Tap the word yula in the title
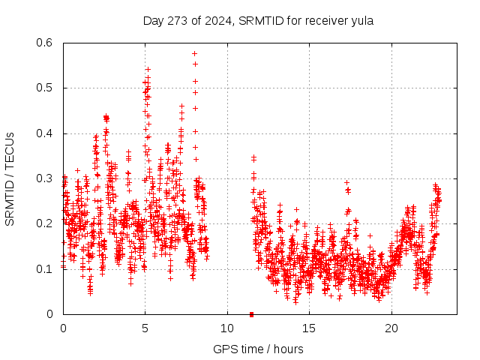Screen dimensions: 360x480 pyautogui.click(x=361, y=20)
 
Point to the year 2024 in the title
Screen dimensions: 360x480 pyautogui.click(x=219, y=20)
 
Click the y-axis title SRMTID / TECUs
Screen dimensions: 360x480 pyautogui.click(x=10, y=179)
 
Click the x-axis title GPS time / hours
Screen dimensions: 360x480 pyautogui.click(x=258, y=349)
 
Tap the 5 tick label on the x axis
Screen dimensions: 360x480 pyautogui.click(x=145, y=328)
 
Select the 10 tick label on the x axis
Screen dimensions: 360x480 pyautogui.click(x=227, y=328)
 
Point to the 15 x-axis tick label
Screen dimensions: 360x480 pyautogui.click(x=309, y=328)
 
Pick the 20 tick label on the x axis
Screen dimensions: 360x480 pyautogui.click(x=391, y=328)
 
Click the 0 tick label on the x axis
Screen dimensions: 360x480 pyautogui.click(x=63, y=328)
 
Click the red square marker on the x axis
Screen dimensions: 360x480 pyautogui.click(x=251, y=314)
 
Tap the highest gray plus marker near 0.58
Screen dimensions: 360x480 pyautogui.click(x=194, y=53)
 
